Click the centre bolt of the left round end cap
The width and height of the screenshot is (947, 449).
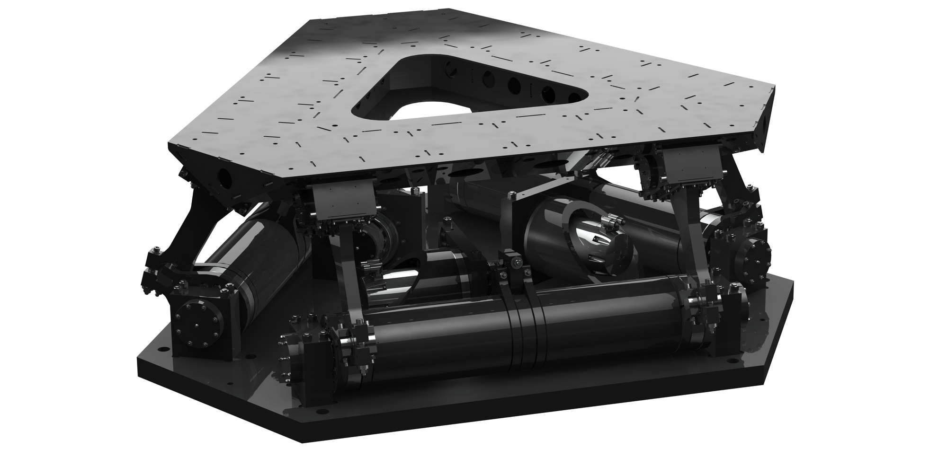196,326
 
